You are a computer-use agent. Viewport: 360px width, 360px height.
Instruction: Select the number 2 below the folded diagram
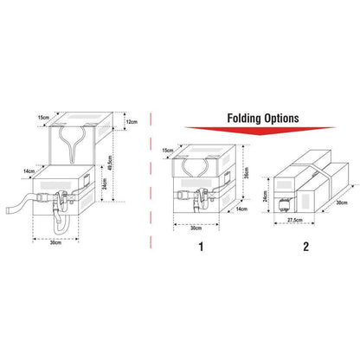point(304,246)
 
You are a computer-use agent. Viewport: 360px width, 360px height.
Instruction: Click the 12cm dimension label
point(130,121)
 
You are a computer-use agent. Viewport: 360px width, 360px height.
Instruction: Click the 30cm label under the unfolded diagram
point(55,243)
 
